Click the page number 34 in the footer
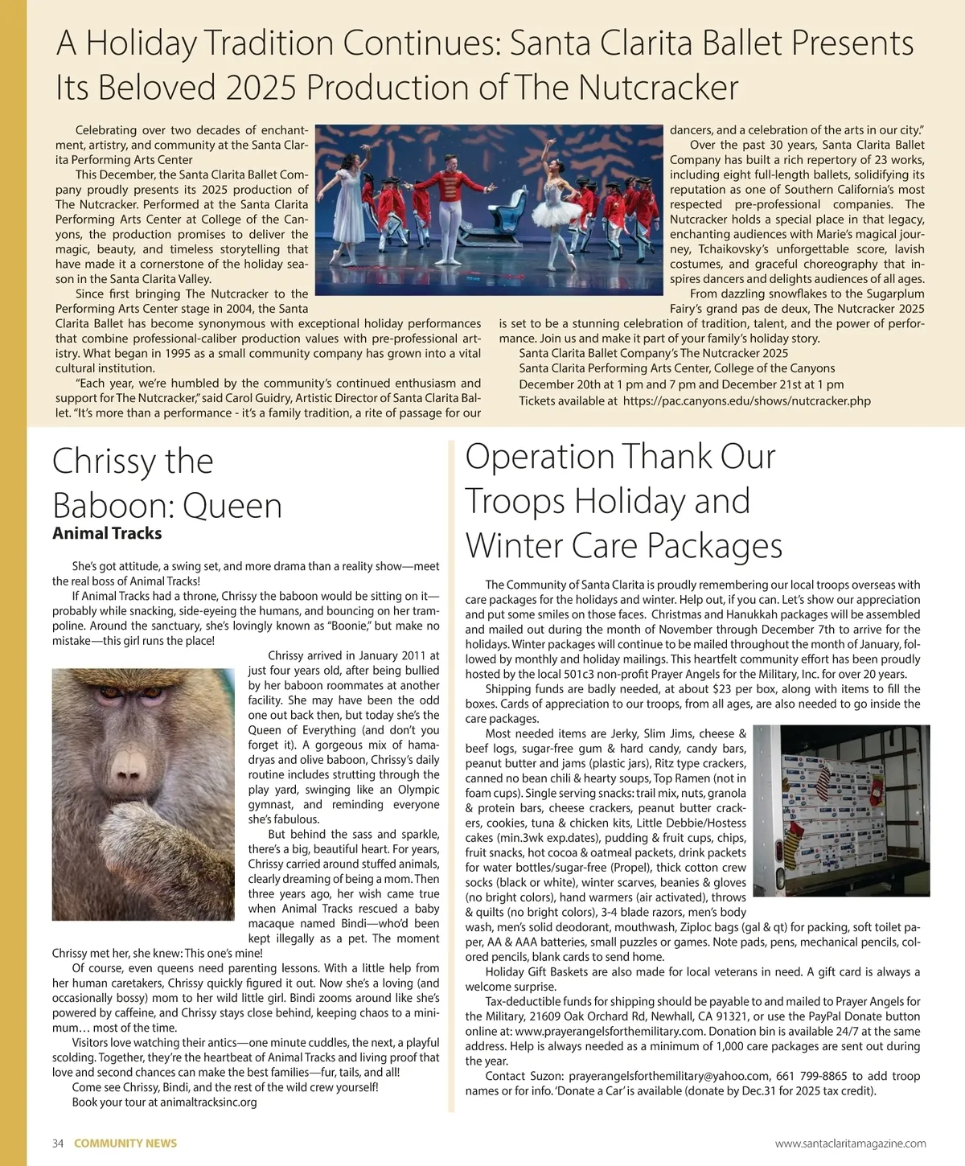(58, 1143)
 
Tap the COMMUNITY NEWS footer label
(125, 1143)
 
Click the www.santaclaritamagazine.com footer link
(850, 1143)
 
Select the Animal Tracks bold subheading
(107, 533)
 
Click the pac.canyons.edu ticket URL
(746, 400)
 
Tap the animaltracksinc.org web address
(208, 1102)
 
